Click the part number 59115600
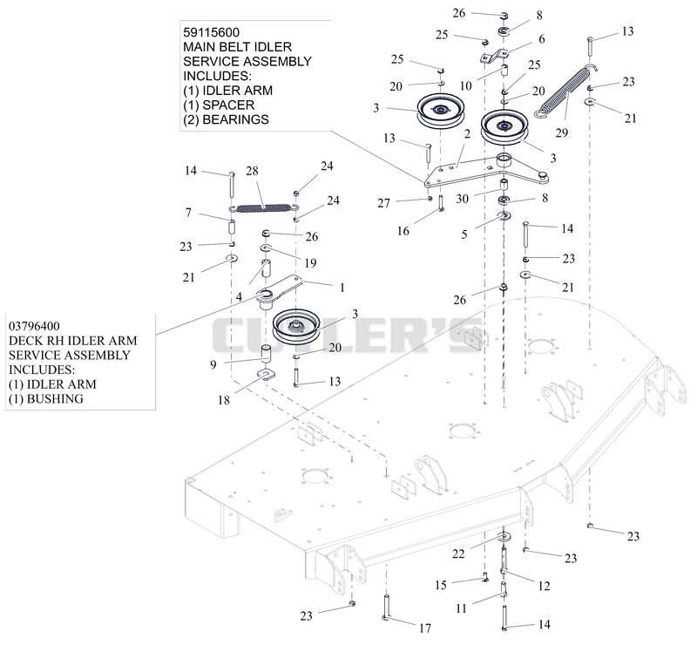pyautogui.click(x=211, y=32)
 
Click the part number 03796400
pyautogui.click(x=34, y=326)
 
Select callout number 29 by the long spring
pyautogui.click(x=562, y=132)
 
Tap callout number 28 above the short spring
pyautogui.click(x=252, y=171)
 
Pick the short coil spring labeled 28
pyautogui.click(x=264, y=207)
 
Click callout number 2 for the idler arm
pyautogui.click(x=467, y=134)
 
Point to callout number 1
pyautogui.click(x=342, y=288)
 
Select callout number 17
pyautogui.click(x=425, y=628)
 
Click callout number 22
pyautogui.click(x=458, y=553)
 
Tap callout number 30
pyautogui.click(x=463, y=199)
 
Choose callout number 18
pyautogui.click(x=224, y=400)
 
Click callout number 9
pyautogui.click(x=213, y=365)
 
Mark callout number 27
pyautogui.click(x=383, y=203)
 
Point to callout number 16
pyautogui.click(x=403, y=231)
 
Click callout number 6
pyautogui.click(x=542, y=39)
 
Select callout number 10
pyautogui.click(x=466, y=85)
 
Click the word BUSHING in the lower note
pyautogui.click(x=55, y=399)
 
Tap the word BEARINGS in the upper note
pyautogui.click(x=235, y=119)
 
